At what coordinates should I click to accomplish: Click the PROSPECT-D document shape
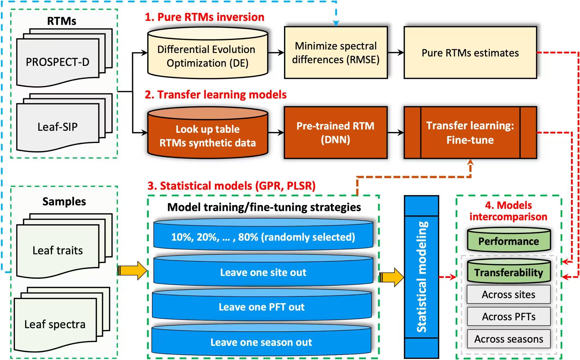point(58,62)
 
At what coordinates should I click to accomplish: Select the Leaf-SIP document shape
point(58,127)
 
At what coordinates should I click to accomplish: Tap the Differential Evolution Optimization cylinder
point(207,56)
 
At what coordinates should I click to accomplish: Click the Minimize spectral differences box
point(336,53)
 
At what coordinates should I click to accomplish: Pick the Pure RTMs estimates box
point(470,53)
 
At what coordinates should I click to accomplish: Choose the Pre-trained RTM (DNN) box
point(335,132)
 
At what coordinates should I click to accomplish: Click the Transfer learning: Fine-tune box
point(470,132)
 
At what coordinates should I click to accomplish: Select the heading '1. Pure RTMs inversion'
point(205,17)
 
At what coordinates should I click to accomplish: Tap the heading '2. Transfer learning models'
point(216,94)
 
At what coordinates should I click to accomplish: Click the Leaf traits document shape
point(58,250)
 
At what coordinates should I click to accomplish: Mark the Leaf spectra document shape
point(55,324)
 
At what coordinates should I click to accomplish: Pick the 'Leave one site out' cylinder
point(263,272)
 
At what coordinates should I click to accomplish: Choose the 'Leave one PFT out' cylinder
point(262,307)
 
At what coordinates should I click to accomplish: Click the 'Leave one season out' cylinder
point(261,342)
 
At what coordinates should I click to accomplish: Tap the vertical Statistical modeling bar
point(421,277)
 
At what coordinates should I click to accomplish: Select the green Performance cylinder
point(509,241)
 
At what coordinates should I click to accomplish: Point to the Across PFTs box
point(509,316)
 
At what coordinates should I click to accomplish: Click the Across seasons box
point(509,339)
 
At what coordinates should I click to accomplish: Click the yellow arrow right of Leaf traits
point(132,271)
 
